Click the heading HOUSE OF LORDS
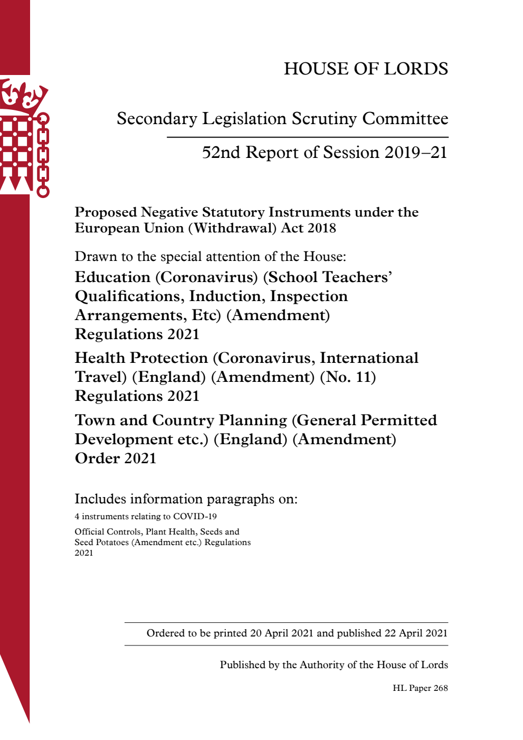coord(366,69)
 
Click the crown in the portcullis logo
coord(23,95)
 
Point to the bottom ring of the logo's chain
coord(43,191)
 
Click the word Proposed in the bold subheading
coord(106,212)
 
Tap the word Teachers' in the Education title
coord(357,277)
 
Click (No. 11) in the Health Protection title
coord(348,377)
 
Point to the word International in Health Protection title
coord(369,358)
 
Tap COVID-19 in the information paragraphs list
coord(195,517)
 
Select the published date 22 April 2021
coord(416,633)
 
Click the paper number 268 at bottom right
coord(440,688)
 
